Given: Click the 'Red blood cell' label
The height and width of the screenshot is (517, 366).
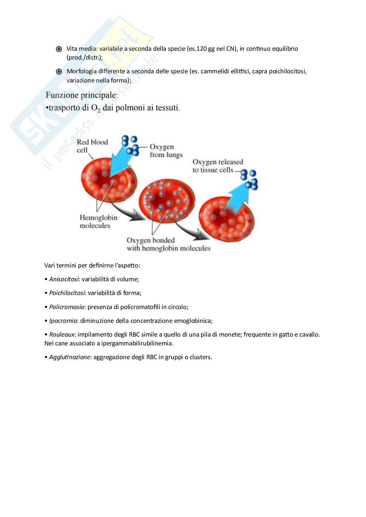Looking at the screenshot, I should pos(92,146).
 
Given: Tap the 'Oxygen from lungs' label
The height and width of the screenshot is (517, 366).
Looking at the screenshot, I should pos(166,151).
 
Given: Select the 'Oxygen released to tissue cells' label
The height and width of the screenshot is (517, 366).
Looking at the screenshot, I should pos(217,166).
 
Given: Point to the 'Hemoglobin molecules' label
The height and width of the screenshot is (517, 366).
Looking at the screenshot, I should pos(98,222).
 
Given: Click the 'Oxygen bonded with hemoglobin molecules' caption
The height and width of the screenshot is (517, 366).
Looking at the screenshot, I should pos(168,244).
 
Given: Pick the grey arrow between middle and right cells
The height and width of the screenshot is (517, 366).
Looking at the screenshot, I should pos(191,231).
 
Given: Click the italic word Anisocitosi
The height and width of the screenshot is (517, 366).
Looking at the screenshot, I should pos(64,279).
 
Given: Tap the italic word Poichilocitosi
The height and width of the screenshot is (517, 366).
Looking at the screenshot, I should pos(67,293).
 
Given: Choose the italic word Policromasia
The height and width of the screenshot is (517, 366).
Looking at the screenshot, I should pos(67,307).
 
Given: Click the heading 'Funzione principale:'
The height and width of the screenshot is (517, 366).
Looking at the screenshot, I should pos(82,95).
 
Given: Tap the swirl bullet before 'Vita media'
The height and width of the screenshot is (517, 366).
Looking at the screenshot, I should pos(59,49).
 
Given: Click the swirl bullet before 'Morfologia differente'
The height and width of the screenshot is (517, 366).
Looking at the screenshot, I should pos(59,72).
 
